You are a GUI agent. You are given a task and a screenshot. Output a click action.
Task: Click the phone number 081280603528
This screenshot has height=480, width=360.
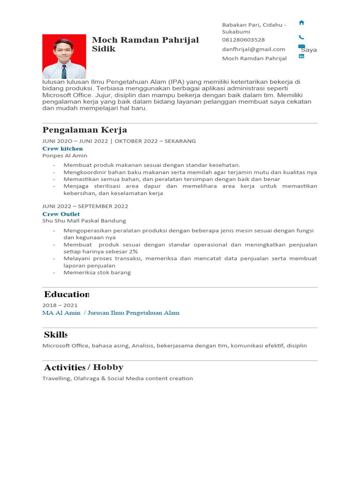click(243, 40)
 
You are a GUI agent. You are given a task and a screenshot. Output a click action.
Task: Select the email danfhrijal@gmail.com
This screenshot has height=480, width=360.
click(254, 49)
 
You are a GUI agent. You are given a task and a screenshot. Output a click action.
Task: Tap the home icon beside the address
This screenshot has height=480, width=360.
click(301, 22)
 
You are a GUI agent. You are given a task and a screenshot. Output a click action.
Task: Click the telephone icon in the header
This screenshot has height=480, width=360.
click(301, 37)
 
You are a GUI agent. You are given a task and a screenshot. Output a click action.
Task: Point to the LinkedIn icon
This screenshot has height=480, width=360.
click(301, 56)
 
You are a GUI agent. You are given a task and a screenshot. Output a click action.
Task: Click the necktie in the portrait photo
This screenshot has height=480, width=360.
click(64, 71)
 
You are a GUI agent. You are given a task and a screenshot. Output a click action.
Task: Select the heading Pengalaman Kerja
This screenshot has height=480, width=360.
click(84, 130)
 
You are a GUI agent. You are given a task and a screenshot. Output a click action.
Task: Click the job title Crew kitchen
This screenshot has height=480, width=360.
click(62, 149)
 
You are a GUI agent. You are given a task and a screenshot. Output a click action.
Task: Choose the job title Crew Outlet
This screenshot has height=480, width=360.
click(61, 214)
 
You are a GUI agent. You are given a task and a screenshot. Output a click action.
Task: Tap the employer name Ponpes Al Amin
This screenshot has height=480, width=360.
click(65, 156)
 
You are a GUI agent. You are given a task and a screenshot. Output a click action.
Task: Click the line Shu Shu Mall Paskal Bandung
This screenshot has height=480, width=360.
click(84, 221)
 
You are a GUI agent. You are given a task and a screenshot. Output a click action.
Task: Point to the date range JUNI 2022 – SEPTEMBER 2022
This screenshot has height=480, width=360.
click(85, 206)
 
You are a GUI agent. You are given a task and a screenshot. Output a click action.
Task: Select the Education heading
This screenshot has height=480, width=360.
click(66, 294)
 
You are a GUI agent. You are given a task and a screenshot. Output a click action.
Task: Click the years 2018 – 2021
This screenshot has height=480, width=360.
click(60, 305)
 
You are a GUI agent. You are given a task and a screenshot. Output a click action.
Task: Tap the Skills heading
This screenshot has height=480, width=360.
click(55, 334)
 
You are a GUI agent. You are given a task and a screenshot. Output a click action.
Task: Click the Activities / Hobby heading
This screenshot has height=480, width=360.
click(83, 367)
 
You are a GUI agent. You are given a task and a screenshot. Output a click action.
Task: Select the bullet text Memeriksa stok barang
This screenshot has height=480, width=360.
click(97, 272)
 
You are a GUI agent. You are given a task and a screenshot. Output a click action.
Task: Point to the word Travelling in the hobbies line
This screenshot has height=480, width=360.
click(56, 378)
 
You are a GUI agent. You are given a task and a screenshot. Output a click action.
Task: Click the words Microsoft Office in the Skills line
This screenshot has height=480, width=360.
click(65, 345)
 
